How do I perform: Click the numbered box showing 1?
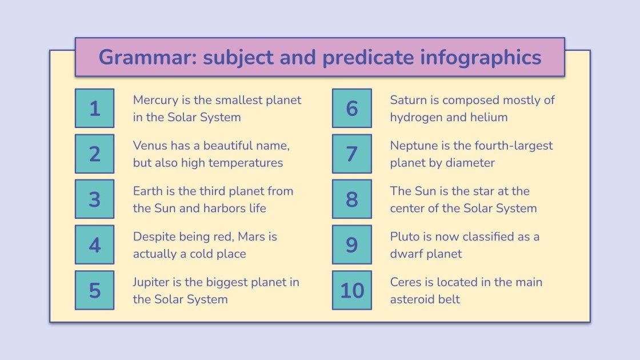pyautogui.click(x=94, y=108)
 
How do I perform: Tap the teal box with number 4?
pyautogui.click(x=94, y=245)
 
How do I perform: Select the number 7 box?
pyautogui.click(x=351, y=154)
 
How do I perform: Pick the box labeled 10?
pyautogui.click(x=351, y=290)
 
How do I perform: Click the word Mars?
pyautogui.click(x=243, y=237)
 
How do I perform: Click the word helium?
pyautogui.click(x=489, y=117)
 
